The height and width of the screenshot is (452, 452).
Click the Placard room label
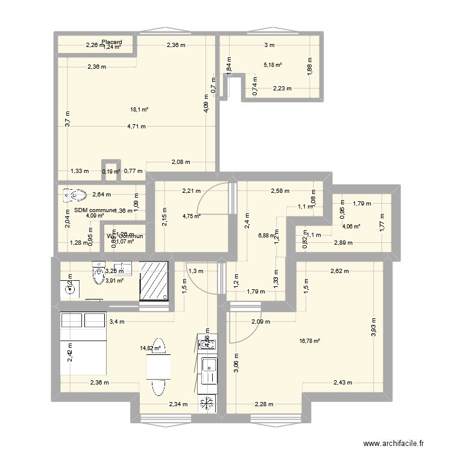click(x=112, y=42)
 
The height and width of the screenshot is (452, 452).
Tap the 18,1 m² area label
click(x=139, y=110)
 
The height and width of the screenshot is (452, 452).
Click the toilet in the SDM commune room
click(x=74, y=195)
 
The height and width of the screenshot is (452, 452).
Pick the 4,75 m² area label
click(x=192, y=217)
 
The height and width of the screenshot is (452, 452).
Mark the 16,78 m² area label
click(x=309, y=341)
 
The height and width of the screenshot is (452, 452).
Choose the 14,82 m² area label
click(x=151, y=348)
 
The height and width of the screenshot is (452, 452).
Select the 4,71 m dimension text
click(x=136, y=127)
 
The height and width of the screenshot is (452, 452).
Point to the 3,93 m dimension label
click(x=374, y=329)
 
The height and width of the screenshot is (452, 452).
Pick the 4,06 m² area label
click(x=351, y=227)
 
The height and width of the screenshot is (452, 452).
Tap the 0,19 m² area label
click(x=111, y=172)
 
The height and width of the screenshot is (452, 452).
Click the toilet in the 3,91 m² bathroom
click(x=99, y=274)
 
